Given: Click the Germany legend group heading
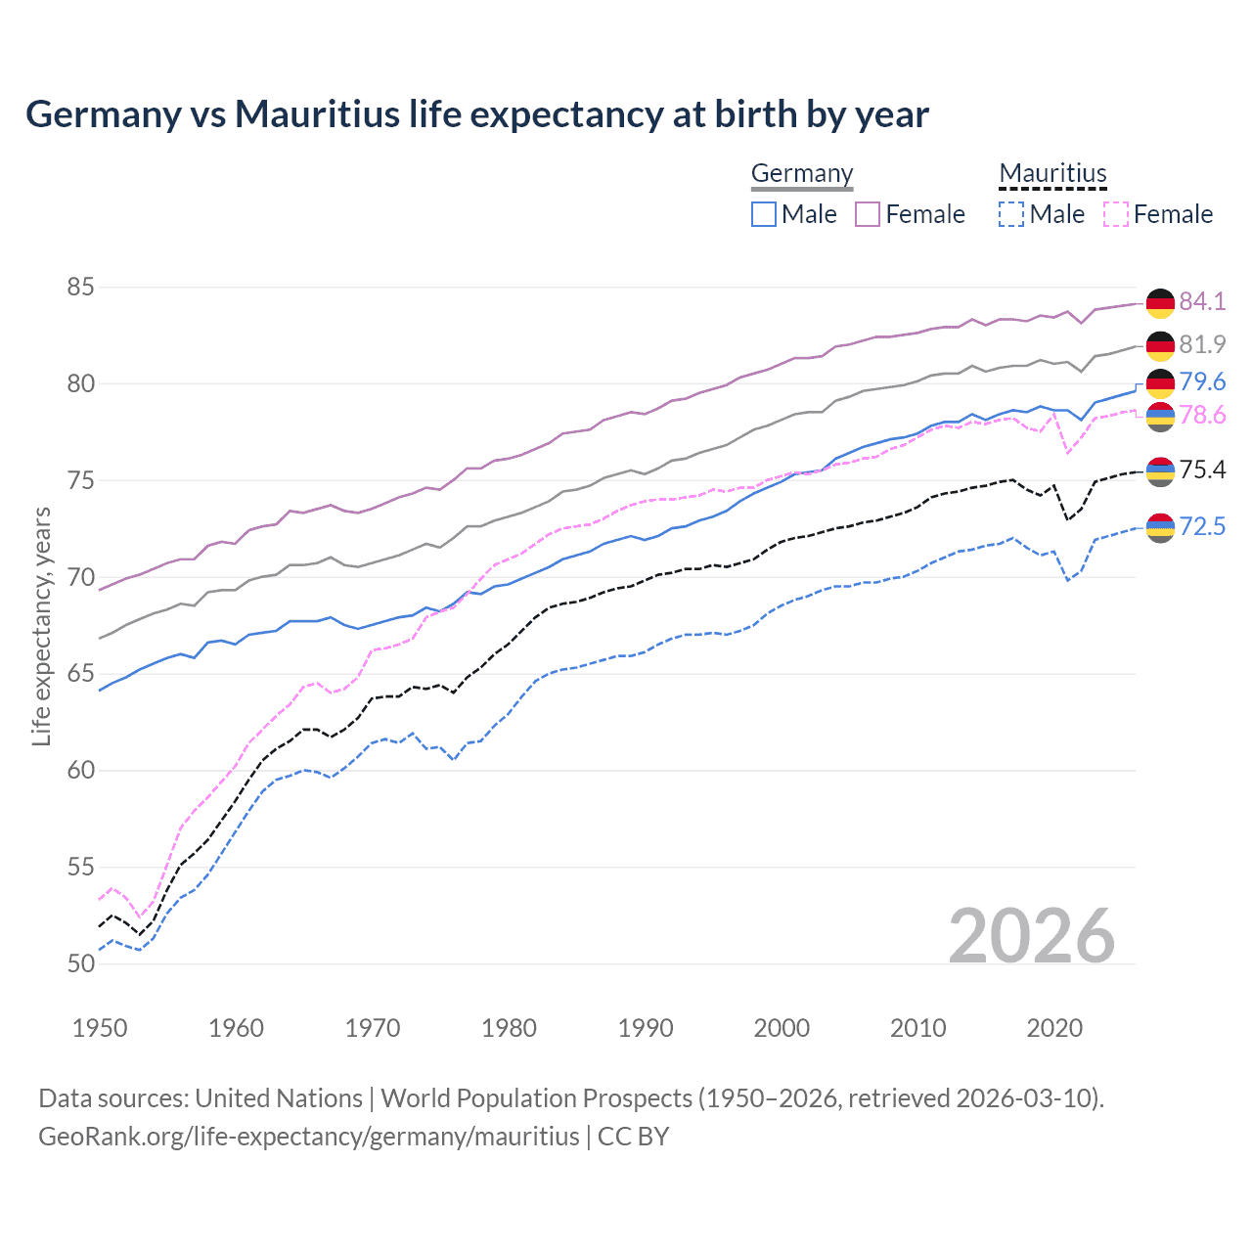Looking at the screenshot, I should point(802,173).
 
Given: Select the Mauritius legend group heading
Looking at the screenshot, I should point(1052,173).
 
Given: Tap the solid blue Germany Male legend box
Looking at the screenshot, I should point(764,214).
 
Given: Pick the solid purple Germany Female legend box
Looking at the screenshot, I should point(868,214).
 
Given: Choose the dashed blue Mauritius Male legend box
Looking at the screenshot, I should point(1011,214).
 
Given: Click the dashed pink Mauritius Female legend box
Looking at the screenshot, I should point(1116,214).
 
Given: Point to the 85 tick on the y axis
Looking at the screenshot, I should point(81,288).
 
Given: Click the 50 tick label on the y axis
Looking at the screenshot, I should point(81,963).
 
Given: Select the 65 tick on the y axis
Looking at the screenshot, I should point(81,674).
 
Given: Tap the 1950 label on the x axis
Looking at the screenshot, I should point(100,1028).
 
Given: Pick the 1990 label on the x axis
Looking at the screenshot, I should point(646,1028).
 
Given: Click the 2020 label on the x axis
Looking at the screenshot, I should point(1054,1028).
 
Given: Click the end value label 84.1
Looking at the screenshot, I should point(1202,301).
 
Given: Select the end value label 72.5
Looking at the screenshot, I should point(1202,527).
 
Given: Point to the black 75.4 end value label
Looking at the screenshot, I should point(1202,470).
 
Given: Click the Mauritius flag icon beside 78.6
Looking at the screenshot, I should point(1160,417).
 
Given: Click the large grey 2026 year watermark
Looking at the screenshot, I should point(1032,936).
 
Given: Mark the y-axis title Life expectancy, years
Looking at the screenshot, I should point(41,626).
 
